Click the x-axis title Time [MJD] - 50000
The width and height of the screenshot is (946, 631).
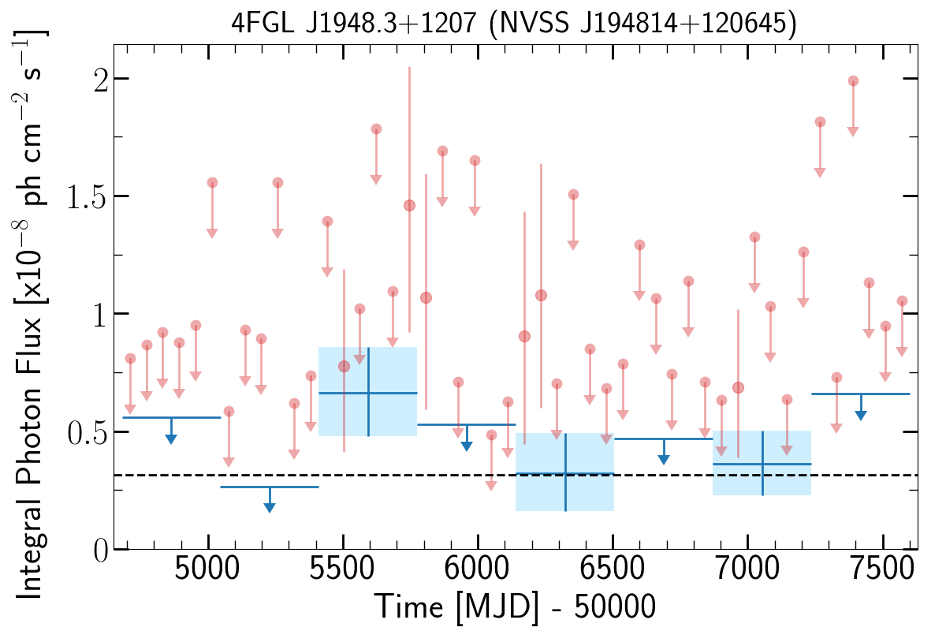(x=515, y=607)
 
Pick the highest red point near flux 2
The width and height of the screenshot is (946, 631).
(x=852, y=80)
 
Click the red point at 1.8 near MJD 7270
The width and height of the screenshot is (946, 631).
(x=820, y=121)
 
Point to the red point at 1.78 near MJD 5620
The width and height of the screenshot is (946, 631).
(x=376, y=129)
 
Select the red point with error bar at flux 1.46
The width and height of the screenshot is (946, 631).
(x=409, y=205)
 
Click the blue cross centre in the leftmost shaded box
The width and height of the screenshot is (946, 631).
(x=368, y=392)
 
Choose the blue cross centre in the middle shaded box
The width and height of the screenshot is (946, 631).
(x=565, y=473)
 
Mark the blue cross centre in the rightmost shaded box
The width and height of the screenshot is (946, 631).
(x=762, y=464)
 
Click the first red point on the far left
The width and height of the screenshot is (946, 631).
(x=130, y=358)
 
